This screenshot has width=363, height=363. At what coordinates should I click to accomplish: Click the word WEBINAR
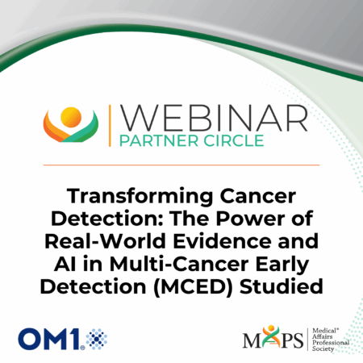coord(214,118)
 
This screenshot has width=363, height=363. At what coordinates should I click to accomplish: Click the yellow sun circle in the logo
coord(71,117)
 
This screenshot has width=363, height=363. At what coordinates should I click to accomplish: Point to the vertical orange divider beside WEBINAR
coord(110,126)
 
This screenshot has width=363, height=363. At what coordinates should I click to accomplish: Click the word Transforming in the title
coord(140,197)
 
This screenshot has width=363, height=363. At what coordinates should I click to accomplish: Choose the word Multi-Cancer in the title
coord(179,264)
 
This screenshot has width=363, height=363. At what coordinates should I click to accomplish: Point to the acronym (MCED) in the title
coord(193,287)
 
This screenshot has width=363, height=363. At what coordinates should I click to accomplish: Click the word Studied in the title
coord(282,286)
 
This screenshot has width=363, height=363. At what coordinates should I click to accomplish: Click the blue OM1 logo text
coord(49,339)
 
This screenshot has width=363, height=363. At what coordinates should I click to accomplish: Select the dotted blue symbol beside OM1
coord(97,339)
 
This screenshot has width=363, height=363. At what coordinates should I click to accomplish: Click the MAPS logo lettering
coord(273,338)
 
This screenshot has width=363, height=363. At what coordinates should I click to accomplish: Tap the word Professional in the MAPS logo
coord(331,343)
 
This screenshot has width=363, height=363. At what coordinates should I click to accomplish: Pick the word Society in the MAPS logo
coord(323,348)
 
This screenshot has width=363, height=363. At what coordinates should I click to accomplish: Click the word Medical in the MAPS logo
coord(325,331)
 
